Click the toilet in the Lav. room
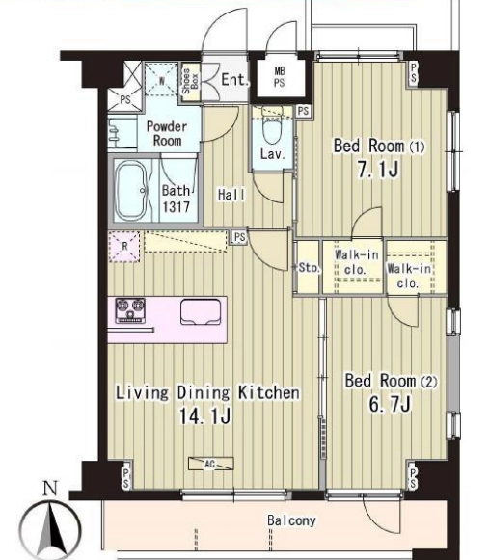point(272,127)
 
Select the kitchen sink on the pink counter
point(201,312)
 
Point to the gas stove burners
point(130,309)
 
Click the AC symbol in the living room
point(211,464)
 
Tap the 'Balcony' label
point(291,520)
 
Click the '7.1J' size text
point(378,169)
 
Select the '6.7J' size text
point(390,404)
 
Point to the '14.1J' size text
point(204,415)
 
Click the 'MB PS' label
point(280,77)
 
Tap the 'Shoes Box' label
point(191,81)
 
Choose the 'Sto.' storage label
point(308,268)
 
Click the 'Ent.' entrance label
point(234,80)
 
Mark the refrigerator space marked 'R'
point(124,247)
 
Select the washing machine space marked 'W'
point(161,80)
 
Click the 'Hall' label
point(231,195)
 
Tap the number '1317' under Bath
point(176,207)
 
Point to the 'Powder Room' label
point(167,133)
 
